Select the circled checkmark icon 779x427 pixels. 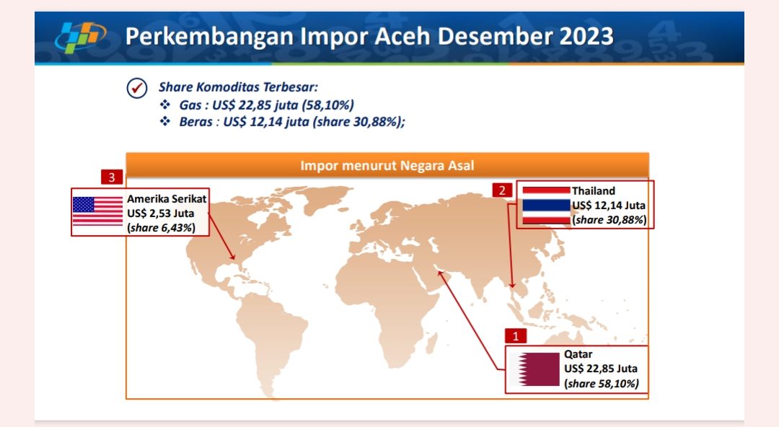tap(136, 89)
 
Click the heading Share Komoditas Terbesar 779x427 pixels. tap(238, 87)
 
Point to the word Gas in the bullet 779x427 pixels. tap(190, 105)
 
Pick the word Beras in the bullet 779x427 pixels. tap(195, 122)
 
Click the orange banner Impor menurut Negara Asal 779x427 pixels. tap(387, 165)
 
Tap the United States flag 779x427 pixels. tap(97, 211)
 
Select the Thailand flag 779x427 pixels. tap(546, 206)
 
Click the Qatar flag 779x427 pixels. tap(534, 369)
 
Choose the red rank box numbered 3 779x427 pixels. tap(112, 177)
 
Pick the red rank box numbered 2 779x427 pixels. tap(502, 190)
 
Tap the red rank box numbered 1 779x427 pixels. tap(516, 336)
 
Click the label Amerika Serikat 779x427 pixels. tap(167, 199)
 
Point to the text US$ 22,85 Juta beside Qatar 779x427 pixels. tap(601, 369)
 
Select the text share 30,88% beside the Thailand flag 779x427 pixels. tap(609, 220)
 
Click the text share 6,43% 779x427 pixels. tap(162, 228)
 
